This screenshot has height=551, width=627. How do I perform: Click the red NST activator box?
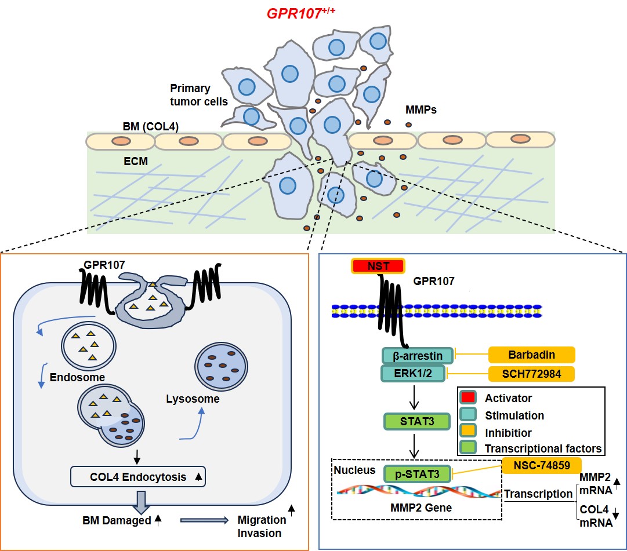378,266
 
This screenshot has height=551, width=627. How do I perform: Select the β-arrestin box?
413,355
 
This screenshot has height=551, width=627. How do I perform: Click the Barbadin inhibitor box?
532,355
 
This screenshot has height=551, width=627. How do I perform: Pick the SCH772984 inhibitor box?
532,374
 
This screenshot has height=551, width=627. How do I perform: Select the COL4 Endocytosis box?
137,477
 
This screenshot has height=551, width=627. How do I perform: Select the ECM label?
135,162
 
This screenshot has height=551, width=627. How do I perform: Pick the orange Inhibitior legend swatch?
468,432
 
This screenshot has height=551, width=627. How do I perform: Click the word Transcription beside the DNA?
538,494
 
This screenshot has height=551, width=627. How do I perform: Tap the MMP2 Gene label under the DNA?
415,508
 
